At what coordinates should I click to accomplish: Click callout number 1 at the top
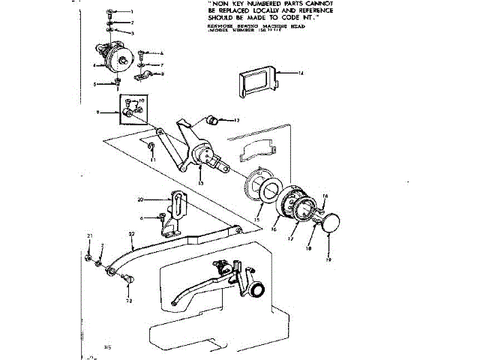(x=131, y=13)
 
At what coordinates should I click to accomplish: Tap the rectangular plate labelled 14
(x=256, y=82)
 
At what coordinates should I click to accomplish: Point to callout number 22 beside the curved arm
(x=132, y=234)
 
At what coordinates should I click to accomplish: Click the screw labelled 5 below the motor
(x=118, y=84)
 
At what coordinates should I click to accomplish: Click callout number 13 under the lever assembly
(x=201, y=182)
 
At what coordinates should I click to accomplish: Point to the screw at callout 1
(x=111, y=13)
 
